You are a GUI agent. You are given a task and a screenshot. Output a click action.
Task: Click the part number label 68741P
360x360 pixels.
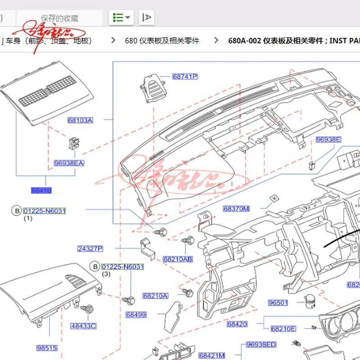click(185, 76)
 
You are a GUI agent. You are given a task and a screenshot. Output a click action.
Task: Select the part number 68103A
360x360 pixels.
click(80, 120)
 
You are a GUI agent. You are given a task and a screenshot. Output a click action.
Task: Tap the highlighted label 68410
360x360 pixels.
click(41, 190)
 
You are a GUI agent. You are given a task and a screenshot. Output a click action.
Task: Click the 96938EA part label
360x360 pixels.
click(69, 163)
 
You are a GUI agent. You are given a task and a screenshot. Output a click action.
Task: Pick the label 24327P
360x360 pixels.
click(90, 248)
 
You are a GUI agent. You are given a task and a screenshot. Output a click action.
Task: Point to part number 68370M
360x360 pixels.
click(236, 209)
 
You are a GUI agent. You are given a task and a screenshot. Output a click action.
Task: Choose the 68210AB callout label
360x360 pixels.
click(178, 259)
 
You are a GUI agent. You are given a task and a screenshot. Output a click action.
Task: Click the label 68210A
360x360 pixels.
click(155, 296)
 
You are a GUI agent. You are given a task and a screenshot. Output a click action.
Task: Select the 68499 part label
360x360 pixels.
click(136, 315)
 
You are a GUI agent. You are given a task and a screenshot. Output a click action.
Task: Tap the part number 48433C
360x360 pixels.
click(83, 326)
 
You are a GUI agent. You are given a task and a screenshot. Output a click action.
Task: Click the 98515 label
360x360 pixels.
click(47, 348)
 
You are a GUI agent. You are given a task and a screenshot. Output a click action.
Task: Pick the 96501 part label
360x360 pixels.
click(278, 303)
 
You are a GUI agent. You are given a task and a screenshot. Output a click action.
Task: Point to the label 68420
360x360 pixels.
click(237, 324)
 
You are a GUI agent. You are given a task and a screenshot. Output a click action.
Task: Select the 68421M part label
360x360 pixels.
click(211, 355)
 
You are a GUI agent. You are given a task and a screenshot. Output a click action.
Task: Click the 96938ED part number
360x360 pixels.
click(261, 345)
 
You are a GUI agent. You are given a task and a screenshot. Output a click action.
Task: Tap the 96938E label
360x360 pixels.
click(328, 139)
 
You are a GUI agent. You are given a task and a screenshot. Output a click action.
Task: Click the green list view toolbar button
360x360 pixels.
click(121, 18)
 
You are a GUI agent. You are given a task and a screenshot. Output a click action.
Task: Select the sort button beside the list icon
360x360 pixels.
click(147, 18)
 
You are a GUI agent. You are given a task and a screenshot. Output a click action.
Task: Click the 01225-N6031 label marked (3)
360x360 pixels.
click(122, 267)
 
